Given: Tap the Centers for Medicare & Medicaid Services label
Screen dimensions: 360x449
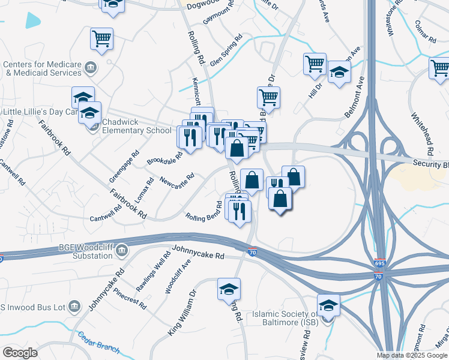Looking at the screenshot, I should pyautogui.click(x=42, y=68).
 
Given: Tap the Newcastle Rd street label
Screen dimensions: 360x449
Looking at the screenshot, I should pyautogui.click(x=177, y=181).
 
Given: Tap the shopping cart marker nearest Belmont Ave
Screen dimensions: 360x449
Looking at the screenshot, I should pyautogui.click(x=315, y=64).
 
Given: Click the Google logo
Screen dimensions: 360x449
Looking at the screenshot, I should pyautogui.click(x=20, y=353).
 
